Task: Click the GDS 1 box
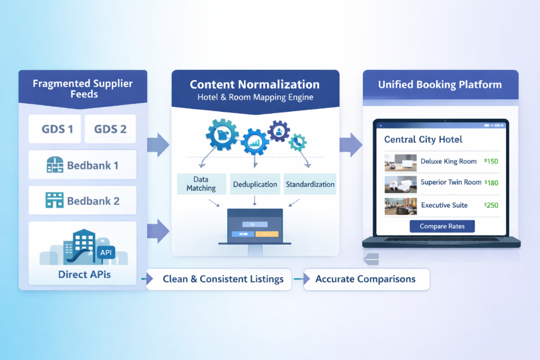coord(57,129)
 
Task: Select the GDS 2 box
coord(110,129)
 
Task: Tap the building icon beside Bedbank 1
coord(54,166)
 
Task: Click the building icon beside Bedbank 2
coord(54,201)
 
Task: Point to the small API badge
coord(106,253)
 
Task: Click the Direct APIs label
coord(84,274)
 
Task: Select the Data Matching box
coord(201,184)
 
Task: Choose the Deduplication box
coord(255,185)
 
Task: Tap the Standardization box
coord(310,185)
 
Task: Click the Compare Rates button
coord(442,226)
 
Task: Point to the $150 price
coord(491,162)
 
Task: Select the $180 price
coord(491,183)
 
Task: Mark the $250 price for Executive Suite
coord(491,205)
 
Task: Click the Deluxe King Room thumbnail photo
coord(400,162)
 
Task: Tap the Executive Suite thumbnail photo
coord(400,206)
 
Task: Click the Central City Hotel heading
coord(423,140)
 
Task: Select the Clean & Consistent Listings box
coord(223,279)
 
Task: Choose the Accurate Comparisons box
coord(365,279)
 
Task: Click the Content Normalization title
coord(254,85)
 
